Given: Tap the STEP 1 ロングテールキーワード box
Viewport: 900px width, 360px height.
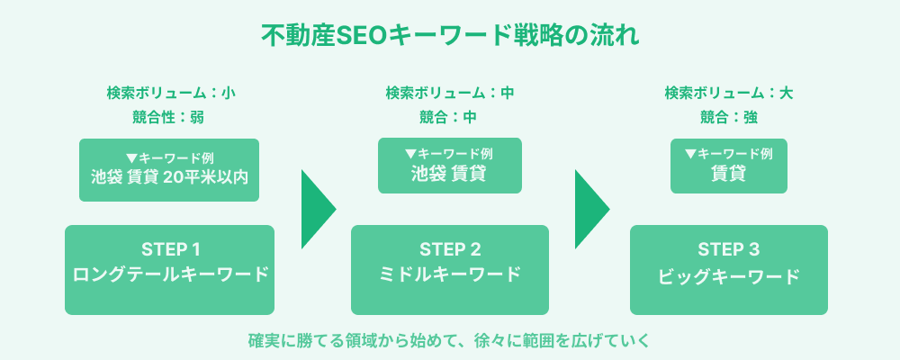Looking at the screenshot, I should pos(169,269).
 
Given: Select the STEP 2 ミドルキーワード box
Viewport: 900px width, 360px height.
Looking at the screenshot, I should pos(450,269).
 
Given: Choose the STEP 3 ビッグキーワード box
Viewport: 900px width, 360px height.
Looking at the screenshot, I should pos(729,269).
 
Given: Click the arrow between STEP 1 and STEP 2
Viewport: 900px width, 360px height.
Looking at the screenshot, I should pos(318,209).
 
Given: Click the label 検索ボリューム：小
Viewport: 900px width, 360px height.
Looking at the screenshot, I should pos(170,92).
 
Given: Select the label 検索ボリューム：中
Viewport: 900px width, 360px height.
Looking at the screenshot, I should pos(450,92).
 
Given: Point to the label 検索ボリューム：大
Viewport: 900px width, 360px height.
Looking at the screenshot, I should pos(729,92).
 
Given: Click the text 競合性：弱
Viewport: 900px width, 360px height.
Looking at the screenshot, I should pos(170,116).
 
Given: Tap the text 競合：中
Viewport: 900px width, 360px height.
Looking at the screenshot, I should pos(450,116).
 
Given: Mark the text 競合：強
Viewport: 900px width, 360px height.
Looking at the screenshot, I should pos(729,116).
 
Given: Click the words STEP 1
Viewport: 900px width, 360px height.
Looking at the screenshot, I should pos(169,248).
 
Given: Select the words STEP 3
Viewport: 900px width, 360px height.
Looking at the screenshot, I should pos(729,248).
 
